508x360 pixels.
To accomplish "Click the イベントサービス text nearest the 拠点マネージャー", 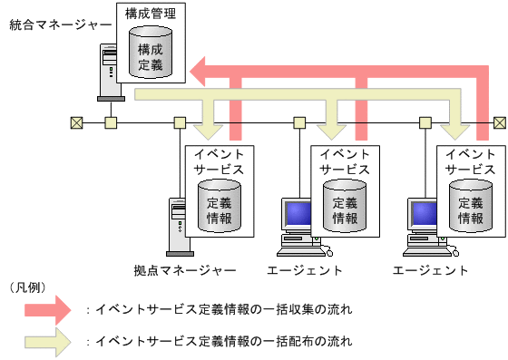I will point(220,161).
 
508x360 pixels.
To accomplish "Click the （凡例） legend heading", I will point(28,287).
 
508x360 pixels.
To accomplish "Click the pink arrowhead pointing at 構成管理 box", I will point(200,69).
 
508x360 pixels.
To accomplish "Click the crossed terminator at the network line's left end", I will point(76,122).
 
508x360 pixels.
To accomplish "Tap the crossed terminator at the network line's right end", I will point(499,122).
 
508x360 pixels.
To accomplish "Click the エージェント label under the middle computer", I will point(305,270).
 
